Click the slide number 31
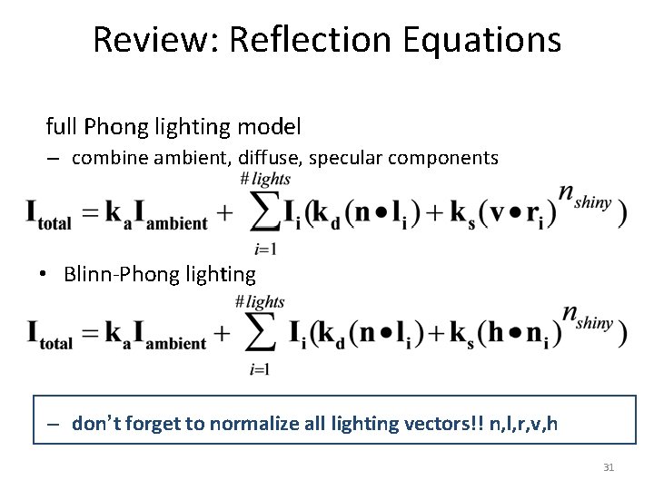click(x=609, y=467)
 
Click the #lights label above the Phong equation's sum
click(x=264, y=179)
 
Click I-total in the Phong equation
click(x=49, y=217)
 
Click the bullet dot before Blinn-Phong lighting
click(x=43, y=274)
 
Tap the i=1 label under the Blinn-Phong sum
click(x=260, y=368)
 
